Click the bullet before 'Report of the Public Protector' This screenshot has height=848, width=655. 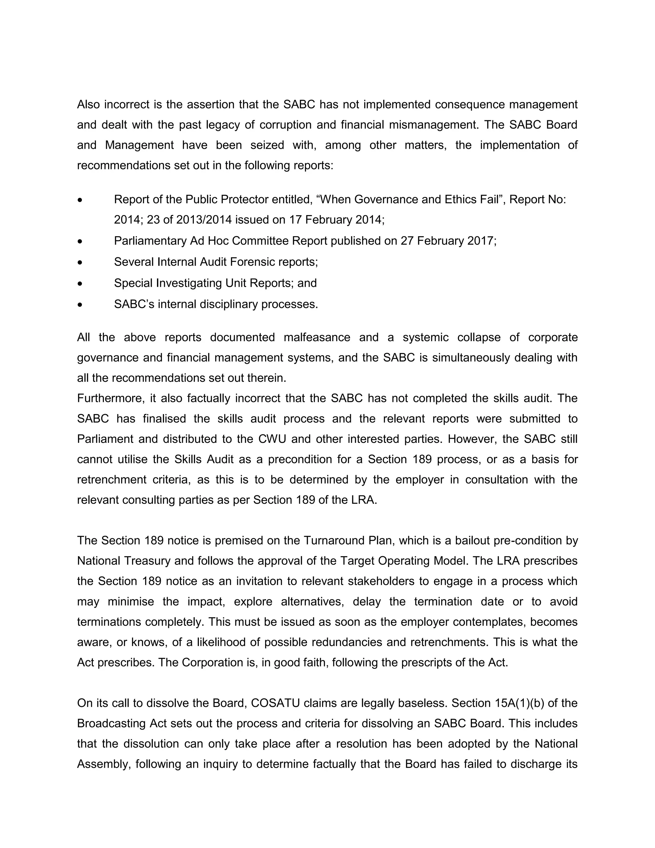point(80,200)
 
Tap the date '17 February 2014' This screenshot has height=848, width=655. point(336,220)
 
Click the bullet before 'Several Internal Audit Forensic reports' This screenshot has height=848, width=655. point(80,262)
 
